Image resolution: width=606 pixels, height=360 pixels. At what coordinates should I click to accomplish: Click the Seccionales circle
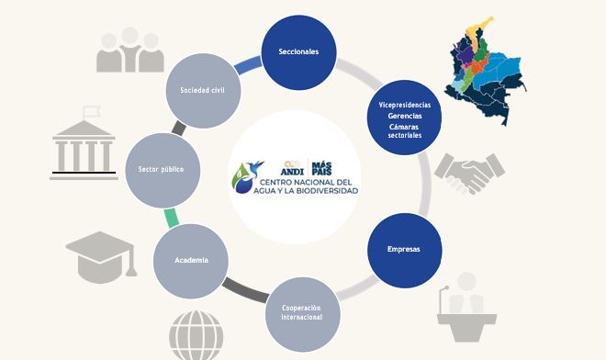pyautogui.click(x=298, y=52)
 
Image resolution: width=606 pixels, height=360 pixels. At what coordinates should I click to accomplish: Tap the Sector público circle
pyautogui.click(x=162, y=170)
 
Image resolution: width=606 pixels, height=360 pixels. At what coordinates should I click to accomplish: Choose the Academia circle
pyautogui.click(x=192, y=260)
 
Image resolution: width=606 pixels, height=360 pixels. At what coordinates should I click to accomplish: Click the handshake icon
pyautogui.click(x=471, y=174)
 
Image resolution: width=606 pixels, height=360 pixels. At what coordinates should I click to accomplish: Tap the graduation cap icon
pyautogui.click(x=101, y=257)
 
